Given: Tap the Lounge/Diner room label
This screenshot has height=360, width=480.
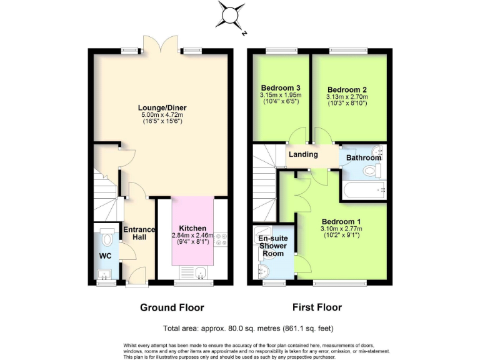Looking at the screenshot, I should tap(162, 107).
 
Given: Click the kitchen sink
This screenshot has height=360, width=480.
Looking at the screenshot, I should tap(200, 272).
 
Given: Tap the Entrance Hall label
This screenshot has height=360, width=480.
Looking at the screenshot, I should tap(138, 234).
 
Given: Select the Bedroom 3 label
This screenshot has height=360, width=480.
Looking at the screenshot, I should tap(279, 87).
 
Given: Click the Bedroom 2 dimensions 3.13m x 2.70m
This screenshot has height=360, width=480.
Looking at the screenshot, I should tap(347, 97).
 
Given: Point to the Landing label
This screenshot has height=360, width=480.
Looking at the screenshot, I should tap(303, 154).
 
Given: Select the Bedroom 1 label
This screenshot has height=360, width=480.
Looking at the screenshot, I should tap(341, 222).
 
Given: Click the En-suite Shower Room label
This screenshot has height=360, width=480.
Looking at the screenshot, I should tap(272, 245).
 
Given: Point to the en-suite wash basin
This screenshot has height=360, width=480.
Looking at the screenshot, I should tap(263, 271).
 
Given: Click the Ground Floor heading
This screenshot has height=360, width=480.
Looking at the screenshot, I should tap(172, 307).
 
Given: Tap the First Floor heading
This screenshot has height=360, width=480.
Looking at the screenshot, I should tap(317, 307).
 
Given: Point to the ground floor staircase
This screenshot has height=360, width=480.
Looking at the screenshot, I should tap(103, 191).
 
